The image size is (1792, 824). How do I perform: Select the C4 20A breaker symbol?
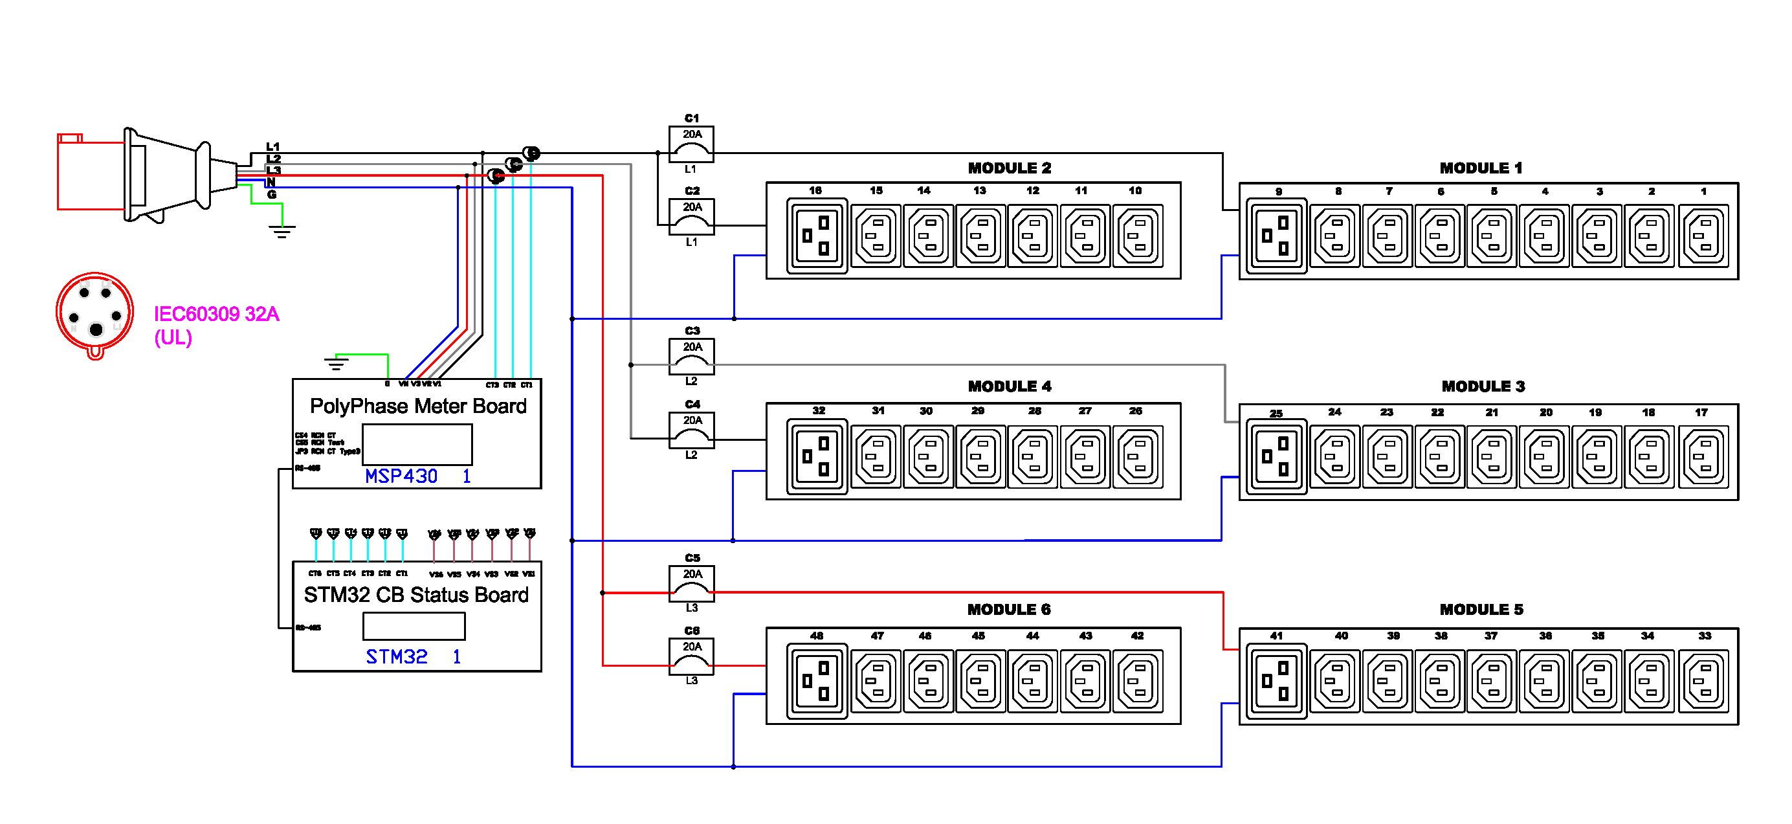(691, 430)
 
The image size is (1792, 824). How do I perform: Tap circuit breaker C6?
(691, 656)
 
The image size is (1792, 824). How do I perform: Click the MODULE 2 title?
(1010, 168)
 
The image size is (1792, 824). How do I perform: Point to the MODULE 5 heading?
(1481, 610)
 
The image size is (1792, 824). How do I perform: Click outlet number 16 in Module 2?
(817, 236)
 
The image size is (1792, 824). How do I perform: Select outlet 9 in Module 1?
(1276, 236)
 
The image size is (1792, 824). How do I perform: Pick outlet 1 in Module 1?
(1703, 236)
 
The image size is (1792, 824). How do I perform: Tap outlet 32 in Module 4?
(817, 456)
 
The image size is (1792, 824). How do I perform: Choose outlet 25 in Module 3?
(1276, 456)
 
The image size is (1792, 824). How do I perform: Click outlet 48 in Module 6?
(817, 680)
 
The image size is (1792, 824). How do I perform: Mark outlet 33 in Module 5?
(1703, 680)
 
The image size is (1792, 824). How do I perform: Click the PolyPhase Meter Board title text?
(418, 406)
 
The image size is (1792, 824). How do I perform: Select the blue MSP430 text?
(401, 476)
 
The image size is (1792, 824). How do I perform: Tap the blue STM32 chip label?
(397, 657)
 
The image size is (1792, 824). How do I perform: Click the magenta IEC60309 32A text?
(216, 315)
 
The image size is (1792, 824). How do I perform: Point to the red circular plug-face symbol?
(94, 312)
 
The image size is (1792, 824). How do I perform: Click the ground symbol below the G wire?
(282, 230)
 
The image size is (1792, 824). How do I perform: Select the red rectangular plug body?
(91, 174)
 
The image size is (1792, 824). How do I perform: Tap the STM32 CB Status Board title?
(416, 595)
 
